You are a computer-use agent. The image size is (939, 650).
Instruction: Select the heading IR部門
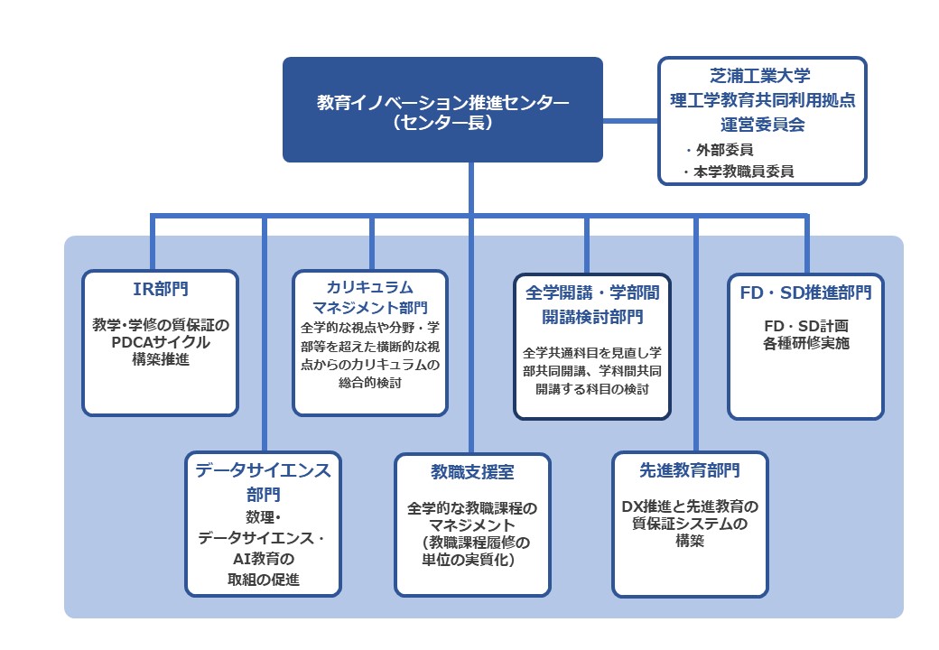(x=160, y=289)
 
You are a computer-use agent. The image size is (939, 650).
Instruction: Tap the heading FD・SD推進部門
(x=805, y=292)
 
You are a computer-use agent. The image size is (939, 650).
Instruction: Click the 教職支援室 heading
(x=472, y=472)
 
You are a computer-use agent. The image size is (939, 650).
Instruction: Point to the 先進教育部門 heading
(x=690, y=470)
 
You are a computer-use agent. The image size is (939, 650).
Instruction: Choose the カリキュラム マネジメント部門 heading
(x=370, y=297)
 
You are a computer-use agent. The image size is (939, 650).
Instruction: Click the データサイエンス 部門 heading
(x=264, y=480)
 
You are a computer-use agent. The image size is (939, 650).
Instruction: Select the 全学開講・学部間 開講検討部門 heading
(x=592, y=304)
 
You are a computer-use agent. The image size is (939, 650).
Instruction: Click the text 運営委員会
(x=762, y=125)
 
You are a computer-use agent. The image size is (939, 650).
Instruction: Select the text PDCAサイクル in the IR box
(x=160, y=342)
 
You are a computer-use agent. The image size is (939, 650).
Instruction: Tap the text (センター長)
(x=442, y=124)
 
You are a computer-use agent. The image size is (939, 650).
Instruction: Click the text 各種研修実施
(x=805, y=343)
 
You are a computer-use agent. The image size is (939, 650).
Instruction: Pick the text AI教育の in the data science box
(x=264, y=559)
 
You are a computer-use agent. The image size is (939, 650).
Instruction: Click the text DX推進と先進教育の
(x=690, y=506)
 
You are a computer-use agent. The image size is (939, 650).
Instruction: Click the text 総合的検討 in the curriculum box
(x=370, y=383)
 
